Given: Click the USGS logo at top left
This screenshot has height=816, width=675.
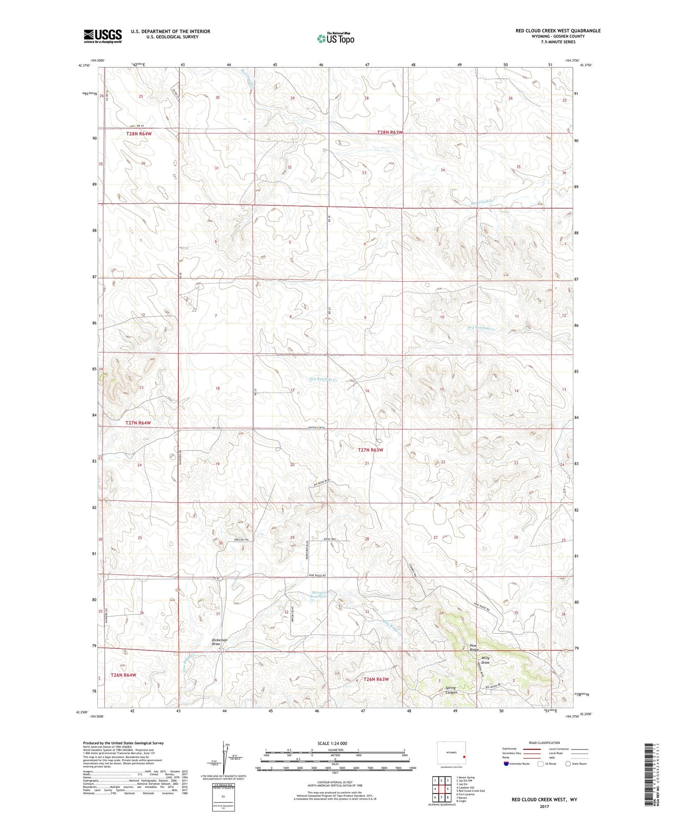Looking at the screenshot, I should [x=103, y=36].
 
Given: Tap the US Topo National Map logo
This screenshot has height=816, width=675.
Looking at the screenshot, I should [x=335, y=38].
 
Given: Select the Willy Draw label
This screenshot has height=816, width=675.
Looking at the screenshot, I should [x=485, y=660].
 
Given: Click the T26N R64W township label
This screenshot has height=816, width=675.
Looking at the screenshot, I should [x=123, y=675].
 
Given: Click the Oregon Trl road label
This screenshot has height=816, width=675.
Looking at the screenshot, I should [x=241, y=540].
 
